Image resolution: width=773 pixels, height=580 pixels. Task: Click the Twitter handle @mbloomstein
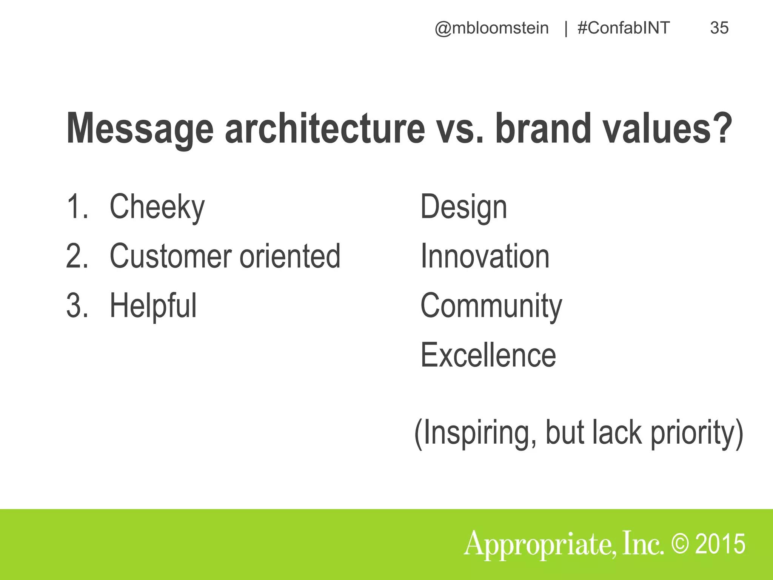pos(491,28)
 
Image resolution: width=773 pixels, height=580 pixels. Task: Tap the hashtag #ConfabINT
pos(624,28)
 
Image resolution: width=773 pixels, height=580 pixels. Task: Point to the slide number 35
pos(719,28)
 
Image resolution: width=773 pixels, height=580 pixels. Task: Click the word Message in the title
pos(140,129)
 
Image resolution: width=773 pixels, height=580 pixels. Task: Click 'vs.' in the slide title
pos(460,129)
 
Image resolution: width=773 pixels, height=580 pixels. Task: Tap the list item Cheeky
pos(157,207)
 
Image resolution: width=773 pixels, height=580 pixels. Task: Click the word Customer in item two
pos(171,256)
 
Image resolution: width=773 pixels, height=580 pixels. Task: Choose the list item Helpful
pos(153,306)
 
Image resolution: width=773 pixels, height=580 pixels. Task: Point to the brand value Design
pos(463,207)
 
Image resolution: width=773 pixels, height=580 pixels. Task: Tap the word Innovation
pos(485,256)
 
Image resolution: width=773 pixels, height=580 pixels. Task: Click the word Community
pos(491,306)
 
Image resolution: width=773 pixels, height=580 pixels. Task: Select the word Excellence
pos(488,355)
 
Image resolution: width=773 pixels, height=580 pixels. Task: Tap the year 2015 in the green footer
pos(720,544)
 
